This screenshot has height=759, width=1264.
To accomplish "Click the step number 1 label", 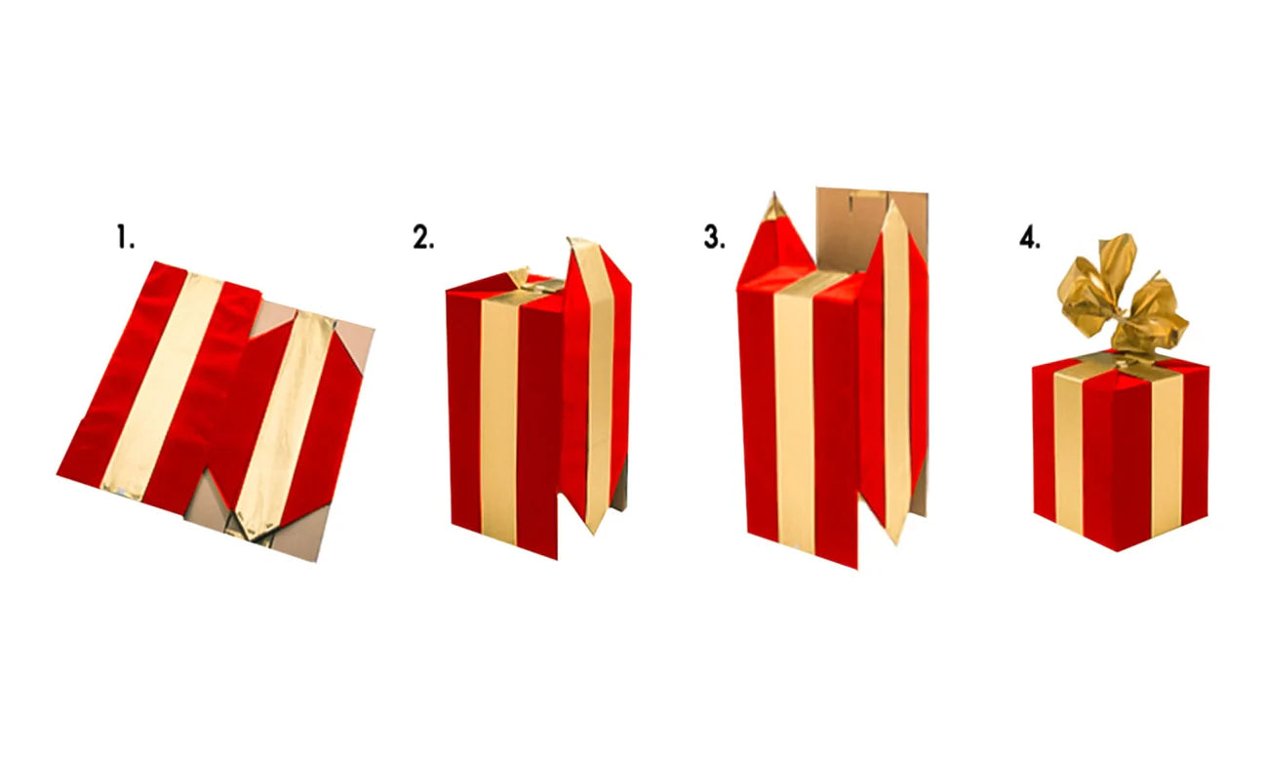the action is (x=125, y=237).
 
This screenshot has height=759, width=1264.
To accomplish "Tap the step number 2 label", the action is (x=424, y=237).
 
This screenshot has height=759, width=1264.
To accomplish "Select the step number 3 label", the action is (x=714, y=237).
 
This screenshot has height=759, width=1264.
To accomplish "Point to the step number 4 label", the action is (x=1030, y=237).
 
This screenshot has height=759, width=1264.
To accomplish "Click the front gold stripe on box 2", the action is (x=498, y=418).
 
